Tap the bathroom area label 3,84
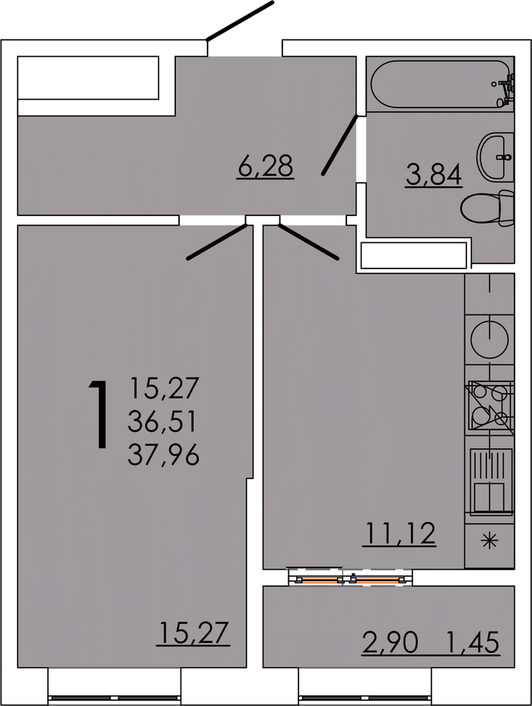click(434, 175)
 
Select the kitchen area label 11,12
click(399, 534)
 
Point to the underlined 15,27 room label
click(193, 632)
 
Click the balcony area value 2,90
click(390, 643)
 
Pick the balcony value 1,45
click(473, 643)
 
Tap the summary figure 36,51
click(164, 421)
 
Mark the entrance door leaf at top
click(240, 20)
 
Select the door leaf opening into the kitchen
click(309, 242)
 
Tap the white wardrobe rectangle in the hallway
click(88, 77)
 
